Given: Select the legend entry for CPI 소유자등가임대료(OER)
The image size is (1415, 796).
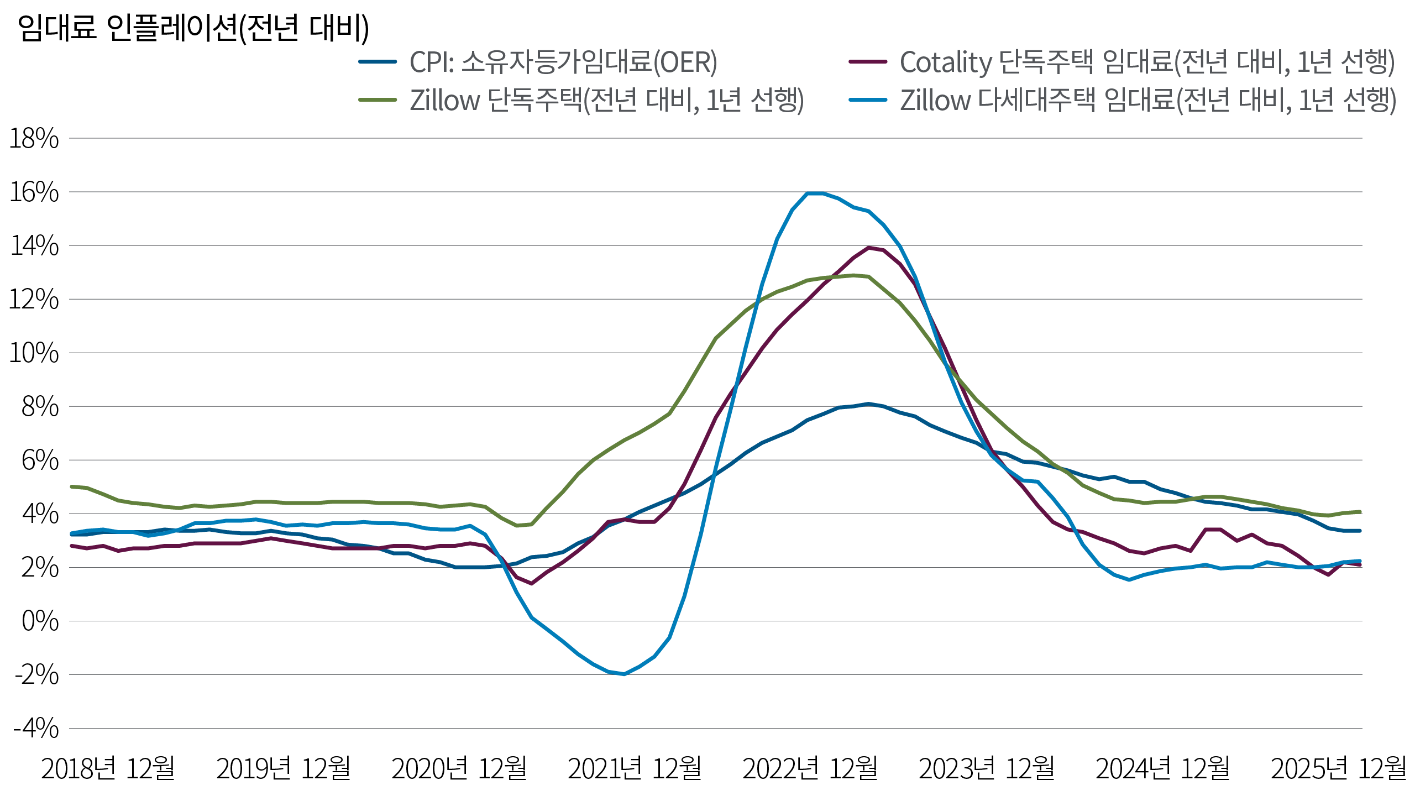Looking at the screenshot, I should tap(563, 62).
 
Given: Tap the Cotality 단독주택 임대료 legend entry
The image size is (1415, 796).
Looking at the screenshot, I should tap(1147, 62).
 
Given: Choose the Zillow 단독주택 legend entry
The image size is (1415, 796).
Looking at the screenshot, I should tap(606, 101).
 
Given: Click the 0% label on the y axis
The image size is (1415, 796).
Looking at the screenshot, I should tap(40, 621).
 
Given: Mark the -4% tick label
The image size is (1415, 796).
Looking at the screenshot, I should tap(36, 729).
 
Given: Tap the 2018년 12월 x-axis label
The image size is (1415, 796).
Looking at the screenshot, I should tap(108, 768).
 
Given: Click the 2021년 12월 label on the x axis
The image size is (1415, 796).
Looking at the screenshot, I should tap(635, 768).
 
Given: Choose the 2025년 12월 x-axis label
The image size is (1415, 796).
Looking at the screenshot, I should tap(1338, 768).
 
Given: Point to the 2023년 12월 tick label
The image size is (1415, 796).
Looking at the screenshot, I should tap(987, 768).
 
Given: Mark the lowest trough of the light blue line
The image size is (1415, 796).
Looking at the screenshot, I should tap(623, 674).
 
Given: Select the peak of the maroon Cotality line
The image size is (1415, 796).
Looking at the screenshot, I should tap(869, 248).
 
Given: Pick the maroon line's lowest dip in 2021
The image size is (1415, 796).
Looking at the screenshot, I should tap(531, 583).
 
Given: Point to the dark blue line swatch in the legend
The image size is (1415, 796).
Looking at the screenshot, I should tap(378, 62).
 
